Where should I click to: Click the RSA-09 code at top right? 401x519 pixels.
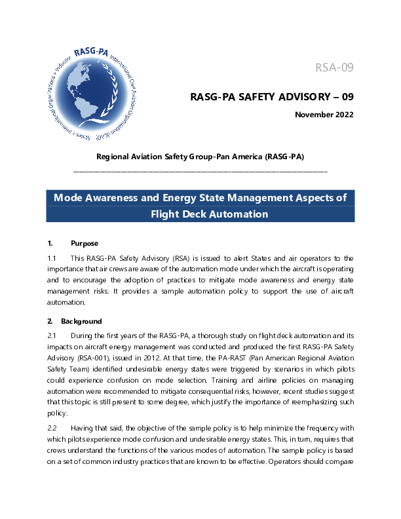(335, 67)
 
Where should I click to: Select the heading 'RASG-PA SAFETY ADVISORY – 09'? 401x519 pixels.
(272, 97)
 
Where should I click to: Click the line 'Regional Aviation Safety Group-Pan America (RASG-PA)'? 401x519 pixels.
(200, 157)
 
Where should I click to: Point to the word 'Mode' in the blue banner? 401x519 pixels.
(68, 198)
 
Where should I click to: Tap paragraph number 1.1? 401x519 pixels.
(53, 259)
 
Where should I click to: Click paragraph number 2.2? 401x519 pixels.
(53, 427)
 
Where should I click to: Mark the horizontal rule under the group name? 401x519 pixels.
(200, 171)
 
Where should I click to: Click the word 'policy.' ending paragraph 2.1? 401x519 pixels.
(58, 413)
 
